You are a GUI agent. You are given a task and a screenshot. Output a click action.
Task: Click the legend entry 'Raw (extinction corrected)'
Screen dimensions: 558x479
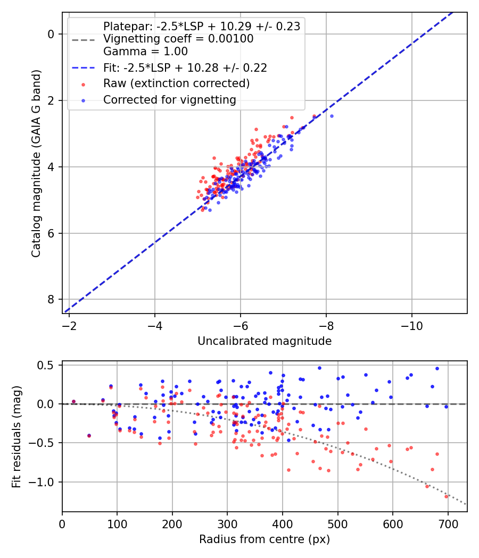tap(176, 83)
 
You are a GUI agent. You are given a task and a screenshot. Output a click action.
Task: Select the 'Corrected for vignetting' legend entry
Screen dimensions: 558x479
tap(170, 99)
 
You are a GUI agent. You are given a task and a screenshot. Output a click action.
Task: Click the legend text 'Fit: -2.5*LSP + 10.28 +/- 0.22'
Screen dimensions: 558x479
tap(185, 67)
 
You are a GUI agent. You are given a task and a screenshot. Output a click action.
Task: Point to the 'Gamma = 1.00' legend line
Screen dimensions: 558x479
tap(145, 52)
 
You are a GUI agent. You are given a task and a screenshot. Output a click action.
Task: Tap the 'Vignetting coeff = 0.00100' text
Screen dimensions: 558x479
tap(178, 39)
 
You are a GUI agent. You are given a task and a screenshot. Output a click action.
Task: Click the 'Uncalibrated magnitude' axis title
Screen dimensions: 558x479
tap(265, 341)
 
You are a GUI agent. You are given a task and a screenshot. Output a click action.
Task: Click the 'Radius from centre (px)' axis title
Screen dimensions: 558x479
tap(265, 539)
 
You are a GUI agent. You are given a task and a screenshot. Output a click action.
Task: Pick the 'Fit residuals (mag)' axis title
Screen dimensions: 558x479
tap(16, 436)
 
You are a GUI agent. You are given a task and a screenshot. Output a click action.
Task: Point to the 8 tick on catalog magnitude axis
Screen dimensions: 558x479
tap(51, 300)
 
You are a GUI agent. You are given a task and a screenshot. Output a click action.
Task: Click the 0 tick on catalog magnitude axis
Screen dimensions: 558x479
tap(51, 34)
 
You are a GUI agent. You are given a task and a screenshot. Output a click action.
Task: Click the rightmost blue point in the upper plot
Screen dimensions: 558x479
tap(332, 116)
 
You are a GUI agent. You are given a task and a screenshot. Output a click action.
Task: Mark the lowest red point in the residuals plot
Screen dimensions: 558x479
tap(447, 496)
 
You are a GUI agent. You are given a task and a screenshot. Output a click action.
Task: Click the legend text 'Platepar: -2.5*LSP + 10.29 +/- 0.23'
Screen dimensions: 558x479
tap(201, 26)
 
